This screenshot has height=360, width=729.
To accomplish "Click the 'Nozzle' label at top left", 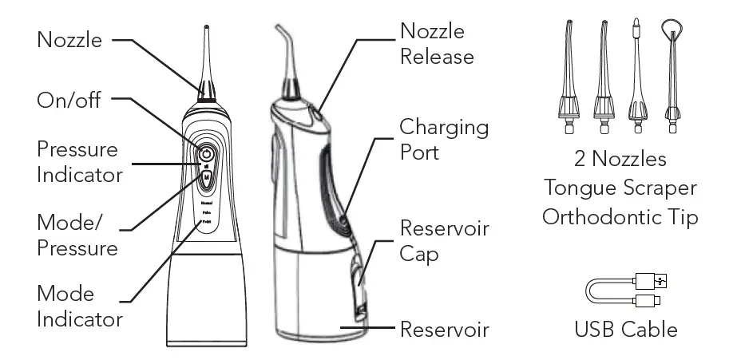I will [69, 39].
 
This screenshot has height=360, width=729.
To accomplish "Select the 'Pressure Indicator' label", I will [79, 162].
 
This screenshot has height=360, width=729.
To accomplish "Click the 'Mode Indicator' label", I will [79, 307].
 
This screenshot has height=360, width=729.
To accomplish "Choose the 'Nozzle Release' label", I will [436, 44].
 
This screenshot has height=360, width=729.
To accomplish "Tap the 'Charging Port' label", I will [444, 139].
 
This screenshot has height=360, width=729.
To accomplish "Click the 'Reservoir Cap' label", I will [444, 240].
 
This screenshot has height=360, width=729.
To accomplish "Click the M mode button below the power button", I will [206, 179].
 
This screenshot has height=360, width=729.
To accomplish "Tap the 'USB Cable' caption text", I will [626, 328].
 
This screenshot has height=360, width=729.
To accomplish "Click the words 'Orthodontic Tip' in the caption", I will [620, 216].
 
